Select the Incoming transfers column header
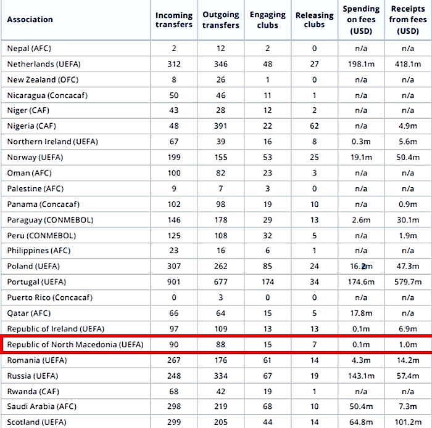point(173,20)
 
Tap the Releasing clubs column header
point(314,20)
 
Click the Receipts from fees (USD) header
point(407,19)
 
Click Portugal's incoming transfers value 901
point(173,282)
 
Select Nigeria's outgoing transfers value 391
point(220,126)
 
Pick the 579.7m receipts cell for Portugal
point(407,282)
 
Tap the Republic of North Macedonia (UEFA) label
point(73,344)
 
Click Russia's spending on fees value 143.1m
point(361,376)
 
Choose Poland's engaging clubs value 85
point(268,267)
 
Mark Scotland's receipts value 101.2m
point(407,422)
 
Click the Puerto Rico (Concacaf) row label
point(50,297)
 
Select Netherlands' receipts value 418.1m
point(407,64)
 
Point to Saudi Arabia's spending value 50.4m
point(361,406)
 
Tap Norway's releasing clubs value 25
point(314,158)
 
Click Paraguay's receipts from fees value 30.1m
point(407,220)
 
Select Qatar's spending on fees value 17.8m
point(361,313)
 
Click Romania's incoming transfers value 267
point(173,360)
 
